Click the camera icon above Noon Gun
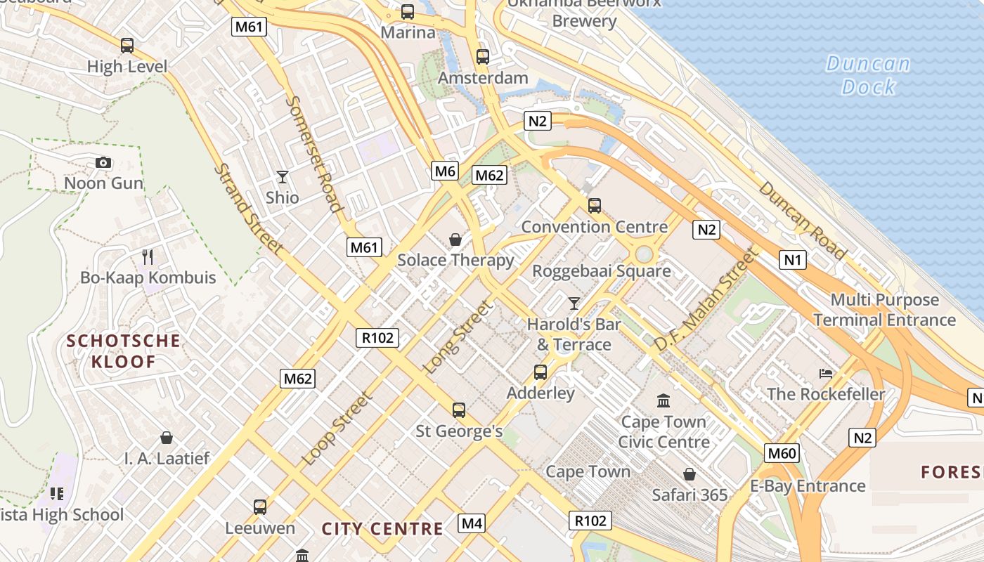click(x=103, y=163)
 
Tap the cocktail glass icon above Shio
click(x=283, y=176)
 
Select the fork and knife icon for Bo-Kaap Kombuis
click(x=148, y=256)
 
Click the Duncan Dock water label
click(x=868, y=75)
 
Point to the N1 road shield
click(x=793, y=260)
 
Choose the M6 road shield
click(x=446, y=171)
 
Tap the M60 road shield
click(x=782, y=453)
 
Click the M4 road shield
click(x=472, y=523)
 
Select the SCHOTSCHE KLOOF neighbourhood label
click(x=124, y=351)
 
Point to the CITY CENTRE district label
click(x=382, y=529)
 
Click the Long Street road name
click(x=458, y=337)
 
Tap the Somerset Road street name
click(x=314, y=153)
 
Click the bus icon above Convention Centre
click(x=595, y=206)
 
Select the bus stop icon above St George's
click(x=459, y=410)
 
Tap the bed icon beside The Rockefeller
click(x=826, y=373)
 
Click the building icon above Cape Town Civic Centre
click(x=663, y=400)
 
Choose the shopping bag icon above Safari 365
click(x=690, y=474)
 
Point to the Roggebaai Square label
click(x=601, y=270)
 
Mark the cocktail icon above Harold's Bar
click(x=574, y=303)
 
